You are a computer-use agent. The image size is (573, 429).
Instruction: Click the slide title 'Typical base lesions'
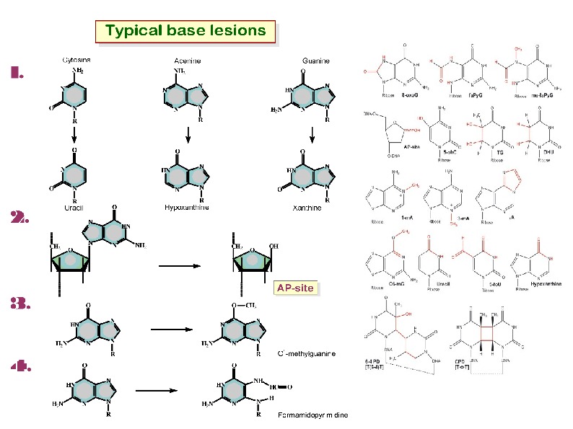point(185,31)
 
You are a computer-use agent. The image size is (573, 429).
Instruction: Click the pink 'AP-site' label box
point(294,288)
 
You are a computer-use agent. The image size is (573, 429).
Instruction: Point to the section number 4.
point(20,366)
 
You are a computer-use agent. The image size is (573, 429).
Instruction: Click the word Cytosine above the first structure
point(76,61)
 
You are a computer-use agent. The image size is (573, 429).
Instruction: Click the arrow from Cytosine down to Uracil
point(74,134)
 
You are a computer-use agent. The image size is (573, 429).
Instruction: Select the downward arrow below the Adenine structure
point(187,134)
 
